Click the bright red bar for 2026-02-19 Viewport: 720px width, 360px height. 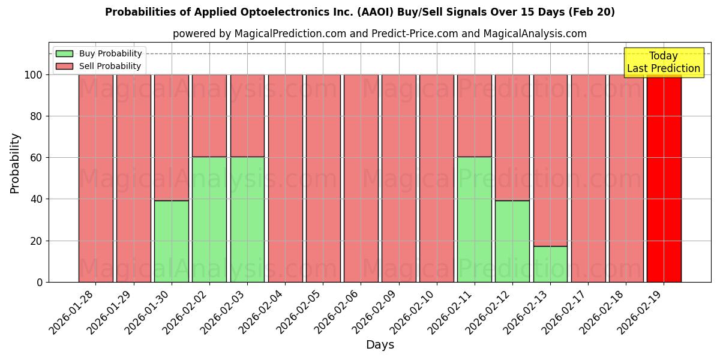pyautogui.click(x=664, y=178)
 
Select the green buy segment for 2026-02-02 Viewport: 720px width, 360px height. pyautogui.click(x=209, y=219)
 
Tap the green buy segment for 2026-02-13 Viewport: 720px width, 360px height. pyautogui.click(x=550, y=264)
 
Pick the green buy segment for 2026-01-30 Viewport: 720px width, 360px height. pyautogui.click(x=172, y=241)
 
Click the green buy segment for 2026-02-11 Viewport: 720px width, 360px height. pyautogui.click(x=475, y=219)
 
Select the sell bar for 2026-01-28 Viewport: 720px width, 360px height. pyautogui.click(x=95, y=178)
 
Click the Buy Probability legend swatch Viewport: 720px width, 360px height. pyautogui.click(x=64, y=54)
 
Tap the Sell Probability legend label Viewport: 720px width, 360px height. pyautogui.click(x=110, y=67)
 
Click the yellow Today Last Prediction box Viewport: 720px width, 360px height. pyautogui.click(x=663, y=62)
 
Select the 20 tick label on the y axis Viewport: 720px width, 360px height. pyautogui.click(x=37, y=241)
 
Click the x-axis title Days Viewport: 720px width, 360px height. pyautogui.click(x=380, y=345)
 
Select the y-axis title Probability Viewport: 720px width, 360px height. pyautogui.click(x=15, y=163)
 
